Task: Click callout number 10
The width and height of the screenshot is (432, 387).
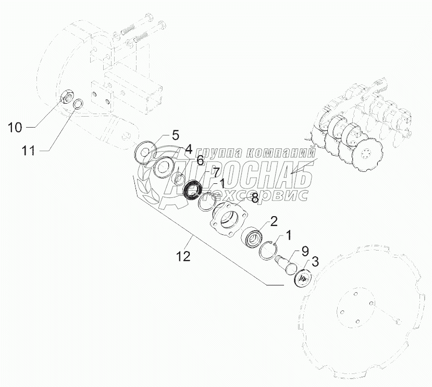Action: click(x=15, y=128)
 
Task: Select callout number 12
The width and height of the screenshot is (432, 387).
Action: click(x=183, y=256)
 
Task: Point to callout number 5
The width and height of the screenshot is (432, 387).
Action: click(x=176, y=135)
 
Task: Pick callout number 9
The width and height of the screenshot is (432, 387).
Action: click(x=305, y=251)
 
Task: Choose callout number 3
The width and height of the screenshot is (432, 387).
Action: click(x=315, y=261)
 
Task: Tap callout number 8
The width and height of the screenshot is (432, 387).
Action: click(x=255, y=198)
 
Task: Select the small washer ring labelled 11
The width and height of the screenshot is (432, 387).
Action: click(x=79, y=104)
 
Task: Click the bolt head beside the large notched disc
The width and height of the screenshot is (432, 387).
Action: click(x=398, y=321)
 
